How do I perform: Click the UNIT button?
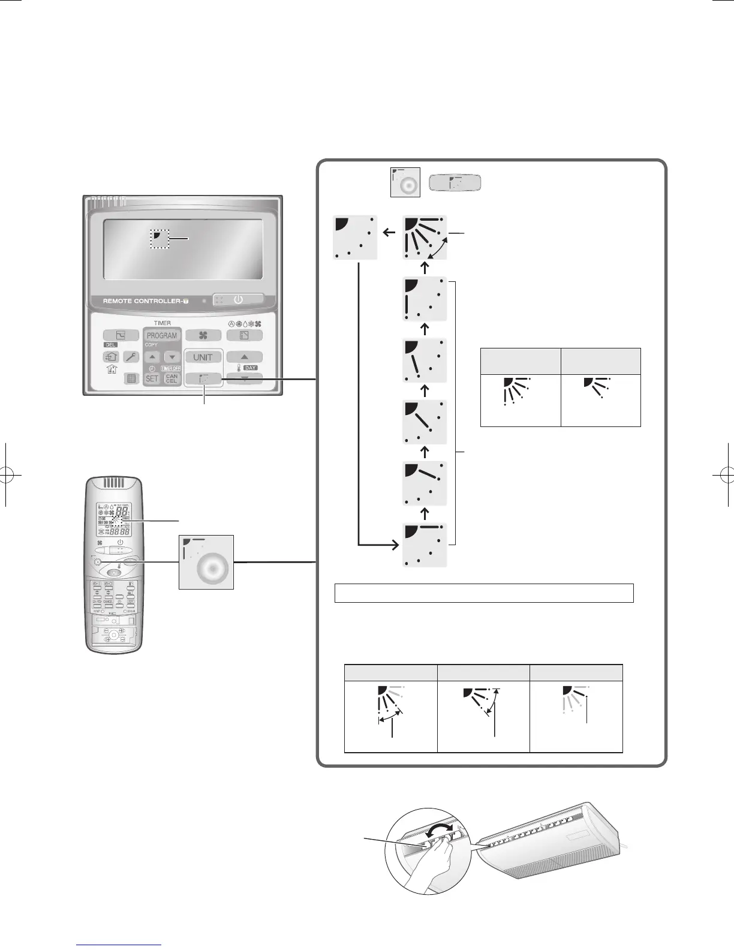click(203, 357)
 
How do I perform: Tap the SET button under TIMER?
click(152, 378)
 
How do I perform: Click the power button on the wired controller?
click(238, 299)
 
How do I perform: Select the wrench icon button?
click(132, 357)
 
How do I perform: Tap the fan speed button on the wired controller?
click(203, 336)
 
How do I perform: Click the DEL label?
click(109, 345)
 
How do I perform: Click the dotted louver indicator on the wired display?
click(160, 238)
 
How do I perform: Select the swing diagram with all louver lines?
click(425, 237)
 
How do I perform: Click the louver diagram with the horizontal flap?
click(425, 545)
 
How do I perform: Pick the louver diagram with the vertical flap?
click(425, 299)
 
